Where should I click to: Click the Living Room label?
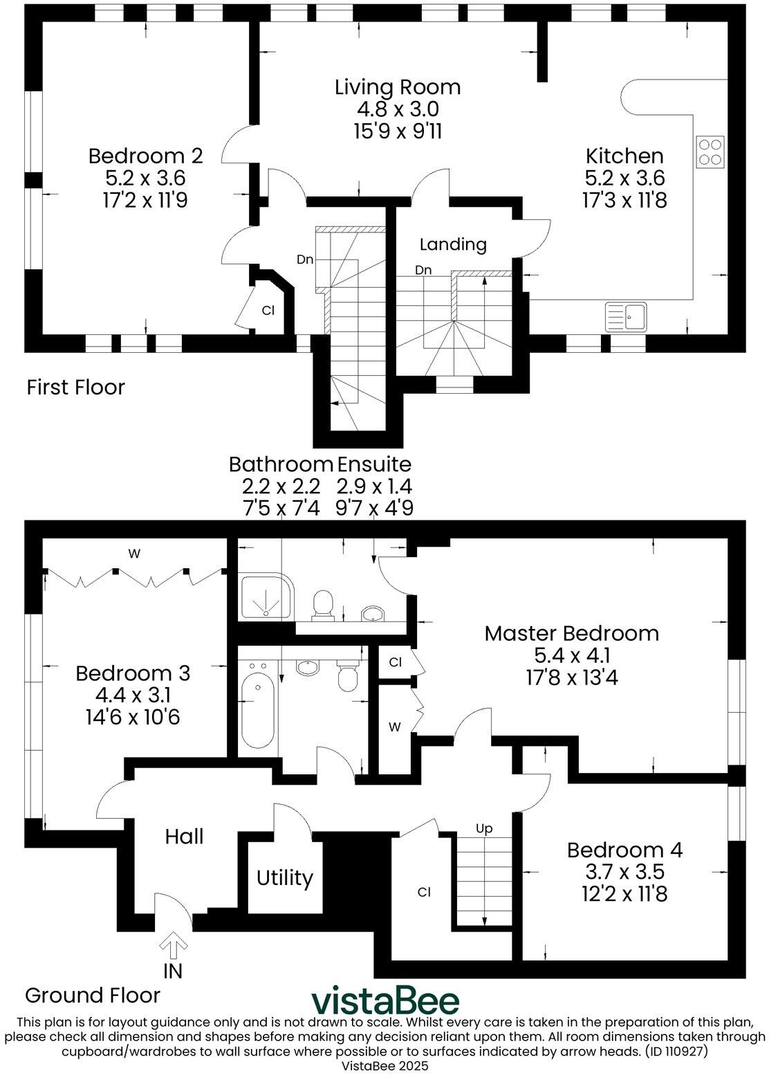398,87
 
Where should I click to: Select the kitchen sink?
626,317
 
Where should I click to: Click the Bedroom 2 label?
145,156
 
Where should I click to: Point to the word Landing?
453,244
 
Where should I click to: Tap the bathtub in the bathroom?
258,708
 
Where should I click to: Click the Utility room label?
284,878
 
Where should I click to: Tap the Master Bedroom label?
571,633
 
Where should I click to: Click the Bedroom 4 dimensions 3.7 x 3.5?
624,872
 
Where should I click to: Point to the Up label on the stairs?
484,828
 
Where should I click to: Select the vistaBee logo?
384,1001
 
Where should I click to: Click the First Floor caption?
75,387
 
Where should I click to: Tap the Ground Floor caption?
93,995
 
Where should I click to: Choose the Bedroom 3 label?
133,673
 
